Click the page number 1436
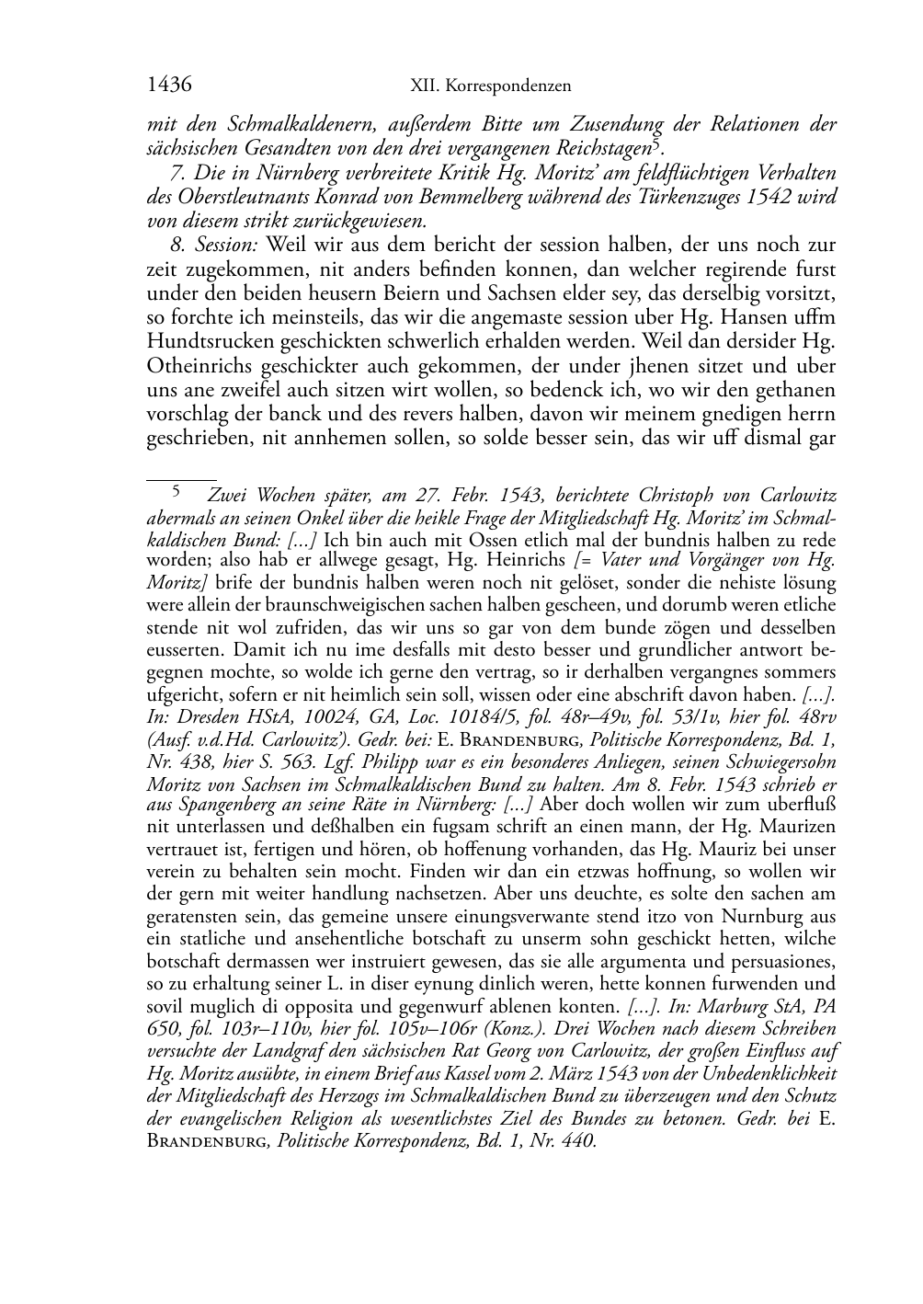pos(168,86)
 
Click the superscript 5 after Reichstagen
pos(655,144)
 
